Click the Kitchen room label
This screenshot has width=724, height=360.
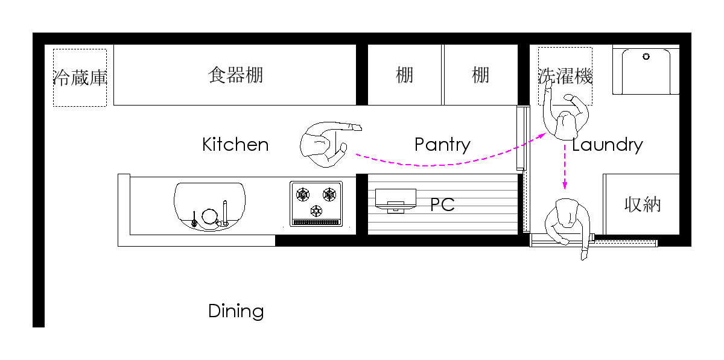point(235,144)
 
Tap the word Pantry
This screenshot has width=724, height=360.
point(442,145)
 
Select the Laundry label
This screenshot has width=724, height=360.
point(608,145)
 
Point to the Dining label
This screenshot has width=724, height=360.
point(236,311)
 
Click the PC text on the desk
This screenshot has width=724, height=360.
point(442,204)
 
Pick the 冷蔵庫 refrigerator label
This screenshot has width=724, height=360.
point(80,78)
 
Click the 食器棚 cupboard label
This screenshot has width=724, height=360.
point(235,75)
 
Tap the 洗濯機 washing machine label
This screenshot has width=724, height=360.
point(565,76)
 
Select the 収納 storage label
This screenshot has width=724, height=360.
point(642,204)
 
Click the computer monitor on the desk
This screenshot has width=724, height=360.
point(396,200)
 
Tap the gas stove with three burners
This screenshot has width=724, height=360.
point(316,204)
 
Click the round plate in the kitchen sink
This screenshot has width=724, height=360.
point(209,216)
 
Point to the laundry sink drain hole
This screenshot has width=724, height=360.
point(646,57)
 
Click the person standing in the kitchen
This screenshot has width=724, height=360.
point(326,144)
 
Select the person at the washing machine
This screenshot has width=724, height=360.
point(566,113)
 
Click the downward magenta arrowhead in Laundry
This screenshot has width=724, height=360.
point(565,186)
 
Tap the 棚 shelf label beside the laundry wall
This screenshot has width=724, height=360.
point(480,75)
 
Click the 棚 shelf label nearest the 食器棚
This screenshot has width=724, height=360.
point(404,75)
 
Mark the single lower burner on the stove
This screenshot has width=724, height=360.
point(316,211)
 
